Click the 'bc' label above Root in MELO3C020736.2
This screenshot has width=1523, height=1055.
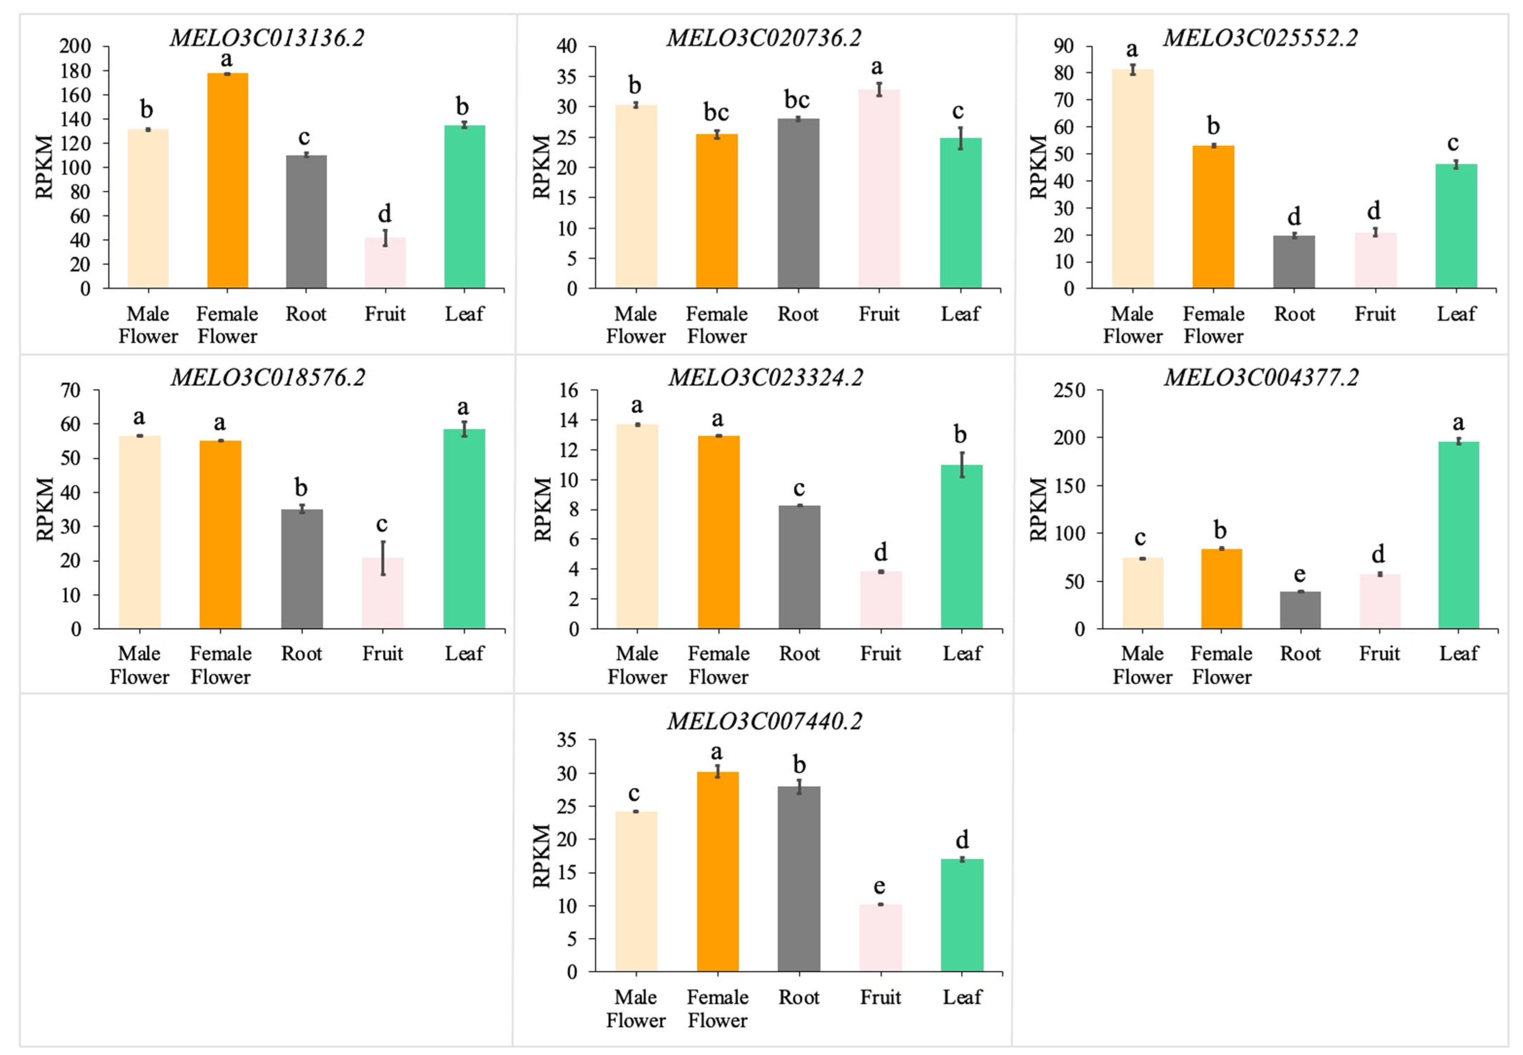point(797,100)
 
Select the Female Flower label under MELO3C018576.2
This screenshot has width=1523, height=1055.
point(220,665)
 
